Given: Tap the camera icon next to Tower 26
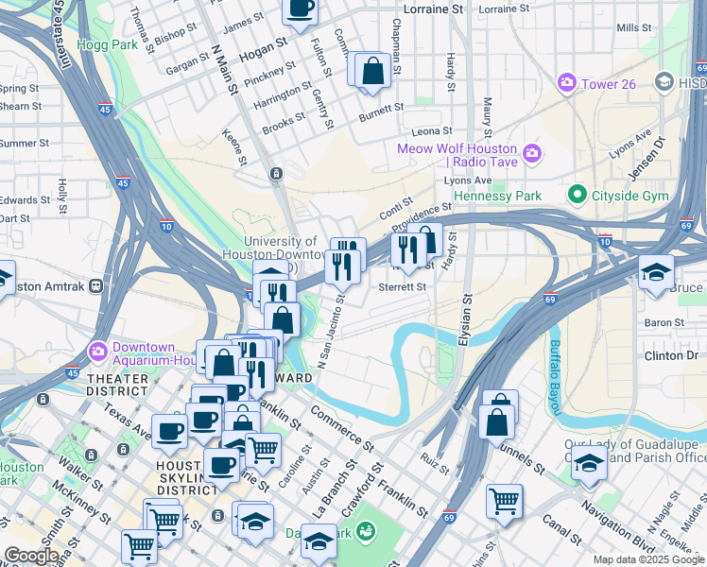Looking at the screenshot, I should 567,83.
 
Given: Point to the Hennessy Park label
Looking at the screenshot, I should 497,196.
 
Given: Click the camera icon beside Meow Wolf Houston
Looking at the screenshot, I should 531,151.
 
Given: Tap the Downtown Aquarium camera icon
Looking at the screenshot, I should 99,352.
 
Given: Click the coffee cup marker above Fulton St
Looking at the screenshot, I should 301,9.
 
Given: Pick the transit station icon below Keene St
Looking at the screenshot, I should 276,174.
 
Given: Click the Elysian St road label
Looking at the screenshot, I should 465,321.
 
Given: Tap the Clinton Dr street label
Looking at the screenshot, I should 671,356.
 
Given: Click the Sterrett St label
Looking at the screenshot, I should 403,286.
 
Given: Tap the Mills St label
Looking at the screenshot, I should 634,28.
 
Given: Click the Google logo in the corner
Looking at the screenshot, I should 31,556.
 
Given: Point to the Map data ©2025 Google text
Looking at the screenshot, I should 647,559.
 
